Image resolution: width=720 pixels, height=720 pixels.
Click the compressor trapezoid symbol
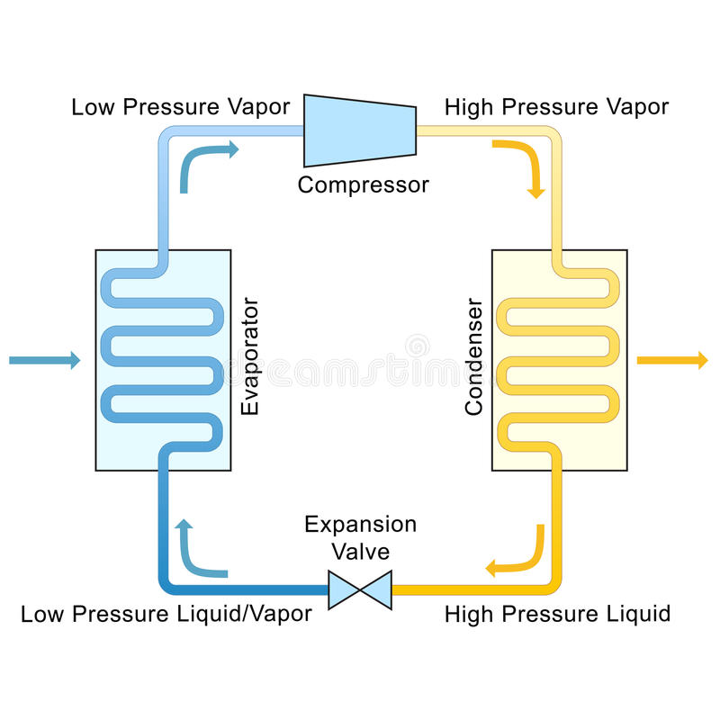pyautogui.click(x=359, y=130)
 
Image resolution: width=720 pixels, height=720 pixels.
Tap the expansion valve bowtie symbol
pyautogui.click(x=359, y=590)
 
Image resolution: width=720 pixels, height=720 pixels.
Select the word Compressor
pyautogui.click(x=363, y=185)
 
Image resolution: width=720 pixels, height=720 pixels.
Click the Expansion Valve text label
pyautogui.click(x=360, y=536)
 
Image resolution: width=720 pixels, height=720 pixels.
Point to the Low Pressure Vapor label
pyautogui.click(x=181, y=107)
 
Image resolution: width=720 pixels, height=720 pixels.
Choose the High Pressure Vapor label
pyautogui.click(x=556, y=107)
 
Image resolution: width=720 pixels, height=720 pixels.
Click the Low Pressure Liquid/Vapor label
pyautogui.click(x=166, y=615)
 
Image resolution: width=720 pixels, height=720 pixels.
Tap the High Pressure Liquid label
pyautogui.click(x=557, y=615)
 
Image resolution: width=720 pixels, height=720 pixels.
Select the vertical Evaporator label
pyautogui.click(x=251, y=355)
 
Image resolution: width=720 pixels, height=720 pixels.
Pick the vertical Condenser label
pyautogui.click(x=473, y=357)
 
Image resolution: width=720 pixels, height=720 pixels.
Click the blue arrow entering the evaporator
pyautogui.click(x=45, y=361)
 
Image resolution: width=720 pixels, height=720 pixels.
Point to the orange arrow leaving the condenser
pyautogui.click(x=672, y=361)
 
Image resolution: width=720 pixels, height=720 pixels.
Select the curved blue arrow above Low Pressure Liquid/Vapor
pyautogui.click(x=198, y=551)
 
